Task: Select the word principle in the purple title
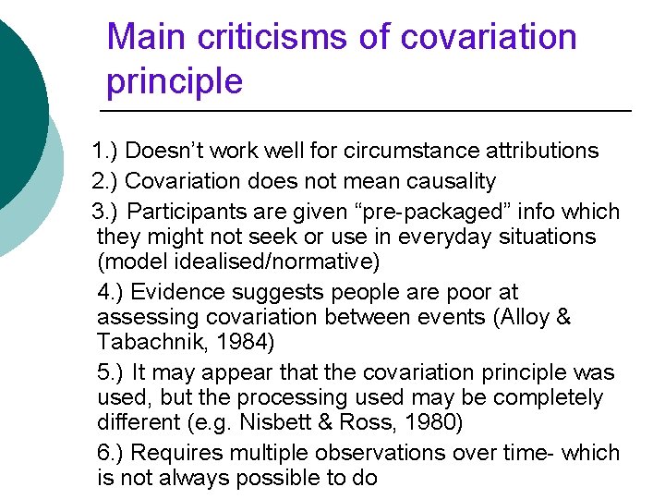[175, 82]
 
